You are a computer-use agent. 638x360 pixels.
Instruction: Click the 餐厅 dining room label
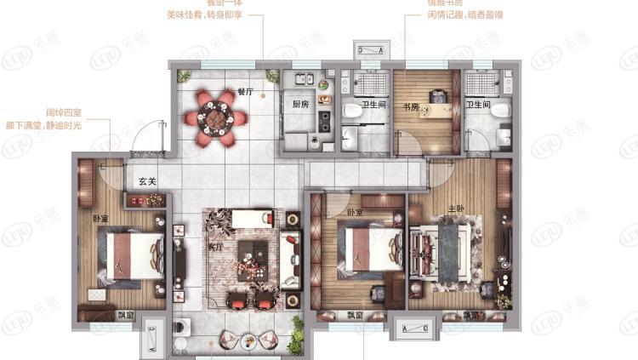click(246, 90)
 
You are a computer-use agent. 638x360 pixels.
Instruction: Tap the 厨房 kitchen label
click(299, 105)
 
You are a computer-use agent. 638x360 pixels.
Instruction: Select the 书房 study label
click(411, 106)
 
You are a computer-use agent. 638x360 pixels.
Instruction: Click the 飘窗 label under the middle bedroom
click(355, 316)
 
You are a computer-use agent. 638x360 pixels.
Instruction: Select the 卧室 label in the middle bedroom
click(355, 211)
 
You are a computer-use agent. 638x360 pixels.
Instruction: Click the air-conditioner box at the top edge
click(371, 50)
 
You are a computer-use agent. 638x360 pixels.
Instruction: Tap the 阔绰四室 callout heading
click(64, 111)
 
